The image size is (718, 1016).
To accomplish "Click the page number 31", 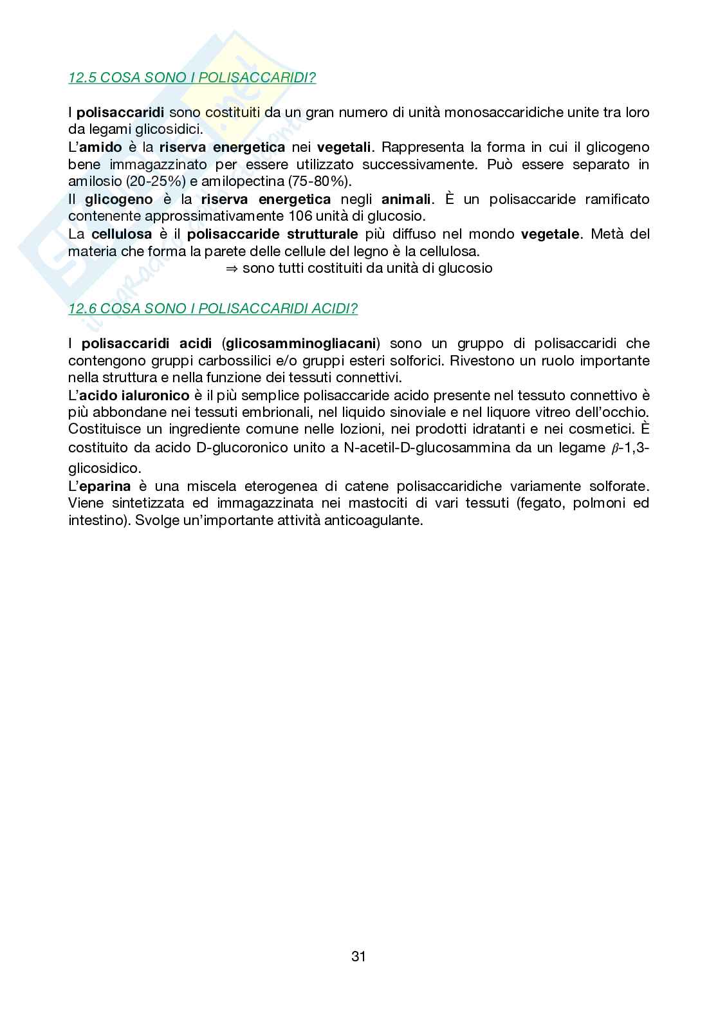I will point(358,956).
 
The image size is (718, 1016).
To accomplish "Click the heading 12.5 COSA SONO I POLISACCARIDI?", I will point(192,78).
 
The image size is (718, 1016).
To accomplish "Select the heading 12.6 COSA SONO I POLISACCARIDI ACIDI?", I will point(213,308).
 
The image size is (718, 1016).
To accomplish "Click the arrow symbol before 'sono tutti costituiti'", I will point(232,268).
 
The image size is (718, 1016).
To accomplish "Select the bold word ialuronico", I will point(156,395).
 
